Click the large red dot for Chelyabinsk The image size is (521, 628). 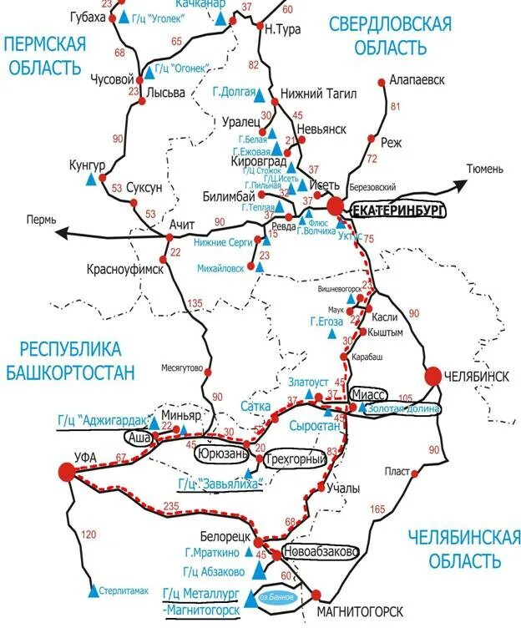433,377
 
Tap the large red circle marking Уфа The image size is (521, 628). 66,472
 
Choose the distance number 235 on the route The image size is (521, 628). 173,506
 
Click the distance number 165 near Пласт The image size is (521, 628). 377,509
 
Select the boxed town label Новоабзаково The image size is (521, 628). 321,553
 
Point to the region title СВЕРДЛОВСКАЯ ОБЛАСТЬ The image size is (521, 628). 391,35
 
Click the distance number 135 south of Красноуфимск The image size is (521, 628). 196,303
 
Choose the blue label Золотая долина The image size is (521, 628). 402,408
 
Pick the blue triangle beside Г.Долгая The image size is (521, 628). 259,94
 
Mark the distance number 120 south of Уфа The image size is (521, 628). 90,534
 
